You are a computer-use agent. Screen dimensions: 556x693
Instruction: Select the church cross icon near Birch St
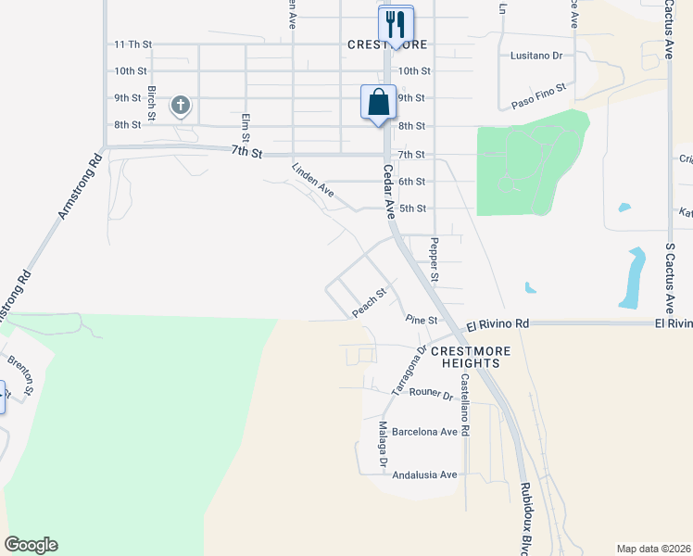coord(181,106)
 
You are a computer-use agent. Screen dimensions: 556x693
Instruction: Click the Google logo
coord(31,545)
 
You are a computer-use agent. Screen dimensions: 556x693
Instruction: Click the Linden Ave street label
coord(312,179)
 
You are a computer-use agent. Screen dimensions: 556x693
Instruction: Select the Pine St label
coord(421,320)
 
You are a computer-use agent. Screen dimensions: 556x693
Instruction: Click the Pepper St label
coord(433,260)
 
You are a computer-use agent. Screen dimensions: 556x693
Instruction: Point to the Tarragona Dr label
coord(409,371)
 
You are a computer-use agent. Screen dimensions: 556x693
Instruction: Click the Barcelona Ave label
coord(425,432)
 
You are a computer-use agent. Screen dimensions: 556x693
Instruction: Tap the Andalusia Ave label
coord(425,474)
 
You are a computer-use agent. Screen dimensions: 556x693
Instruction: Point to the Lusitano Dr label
coord(536,56)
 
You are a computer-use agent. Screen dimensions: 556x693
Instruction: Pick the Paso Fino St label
coord(538,96)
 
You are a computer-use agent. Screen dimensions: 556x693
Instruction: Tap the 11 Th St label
coord(132,44)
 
